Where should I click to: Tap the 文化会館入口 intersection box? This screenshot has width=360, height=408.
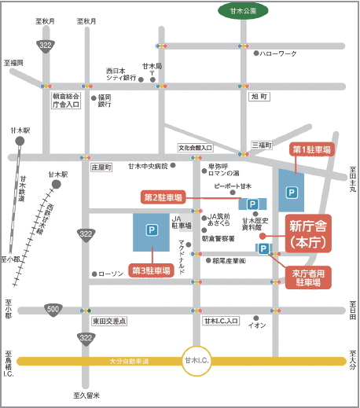[x=195, y=147]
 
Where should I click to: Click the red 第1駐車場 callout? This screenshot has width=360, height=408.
[x=312, y=149]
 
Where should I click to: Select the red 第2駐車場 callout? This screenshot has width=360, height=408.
[x=163, y=197]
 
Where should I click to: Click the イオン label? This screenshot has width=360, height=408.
[x=257, y=324]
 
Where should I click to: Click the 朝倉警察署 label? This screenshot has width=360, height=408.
[x=218, y=238]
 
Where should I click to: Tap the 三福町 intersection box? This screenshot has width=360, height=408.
[x=261, y=145]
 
